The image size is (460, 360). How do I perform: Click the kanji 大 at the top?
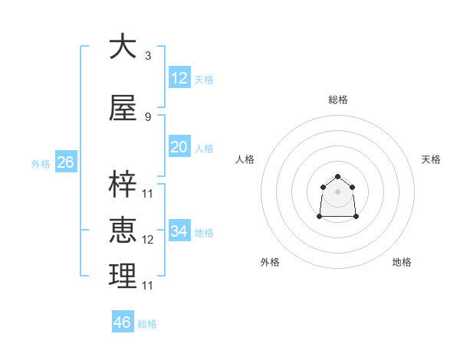tap(123, 47)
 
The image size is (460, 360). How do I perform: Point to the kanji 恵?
tap(123, 230)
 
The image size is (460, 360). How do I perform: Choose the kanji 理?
tap(123, 276)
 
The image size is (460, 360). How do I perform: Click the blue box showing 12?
tap(179, 78)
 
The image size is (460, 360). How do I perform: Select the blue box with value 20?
tap(179, 147)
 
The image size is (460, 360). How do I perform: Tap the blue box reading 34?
tap(179, 231)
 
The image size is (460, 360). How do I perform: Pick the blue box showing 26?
tap(65, 162)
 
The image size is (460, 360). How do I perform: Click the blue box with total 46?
tap(122, 322)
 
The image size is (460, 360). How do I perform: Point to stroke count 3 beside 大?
tap(147, 56)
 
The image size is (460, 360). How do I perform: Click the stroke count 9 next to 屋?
tap(147, 117)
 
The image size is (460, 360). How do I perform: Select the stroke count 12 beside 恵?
tap(148, 240)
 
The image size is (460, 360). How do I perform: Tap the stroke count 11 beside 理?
tap(148, 286)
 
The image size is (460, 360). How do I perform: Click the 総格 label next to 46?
tap(147, 324)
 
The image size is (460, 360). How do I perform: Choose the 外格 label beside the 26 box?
tap(40, 164)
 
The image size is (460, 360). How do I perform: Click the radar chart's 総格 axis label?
tap(337, 100)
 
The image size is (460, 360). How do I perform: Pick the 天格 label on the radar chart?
tap(431, 159)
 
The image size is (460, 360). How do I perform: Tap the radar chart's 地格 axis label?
tap(402, 262)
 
